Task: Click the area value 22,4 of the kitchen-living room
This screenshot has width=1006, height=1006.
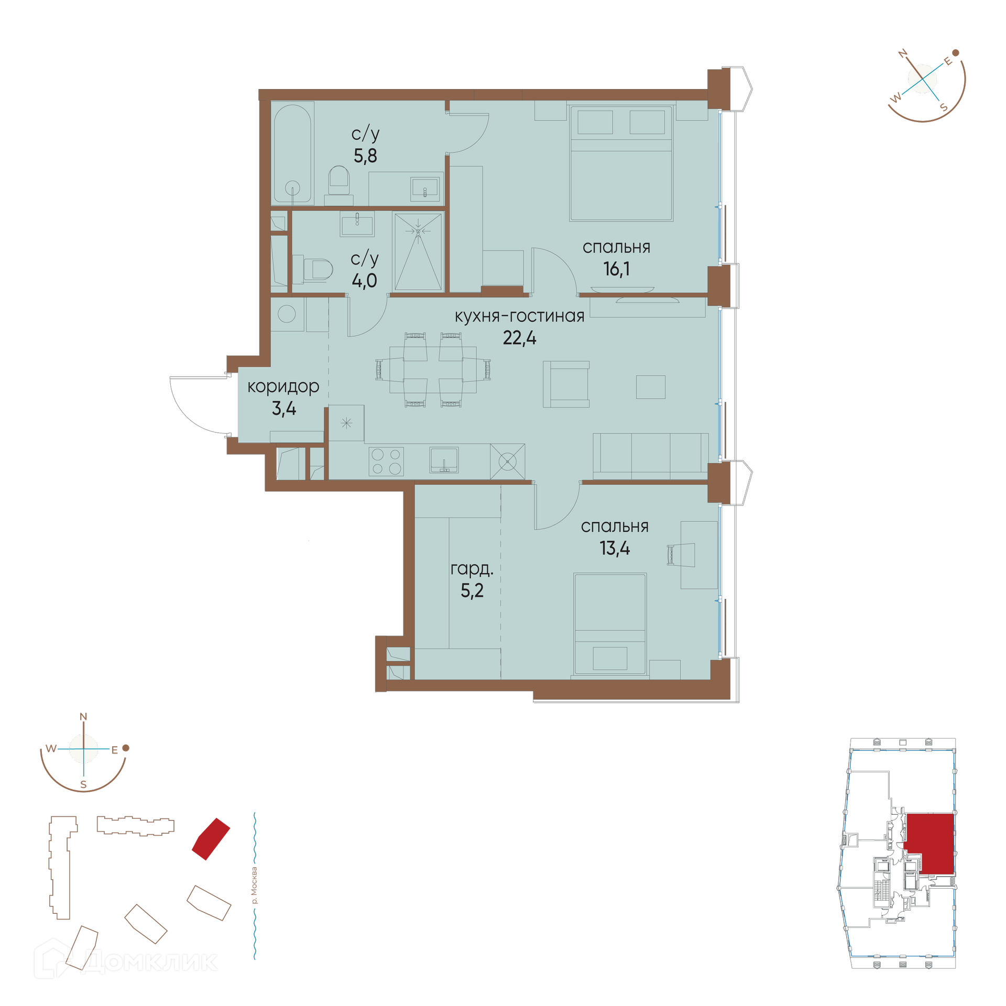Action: tap(519, 338)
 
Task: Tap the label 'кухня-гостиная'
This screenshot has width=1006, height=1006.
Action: tap(519, 316)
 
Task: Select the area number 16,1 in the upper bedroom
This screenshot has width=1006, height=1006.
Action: tap(616, 269)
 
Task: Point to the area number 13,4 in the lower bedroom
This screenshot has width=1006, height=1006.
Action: tap(615, 549)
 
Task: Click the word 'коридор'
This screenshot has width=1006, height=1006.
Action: tap(283, 387)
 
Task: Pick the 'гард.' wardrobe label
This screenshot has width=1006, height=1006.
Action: tap(472, 568)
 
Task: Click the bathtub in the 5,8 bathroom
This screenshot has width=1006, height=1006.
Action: tap(292, 154)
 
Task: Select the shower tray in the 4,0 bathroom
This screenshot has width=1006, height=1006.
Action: tap(418, 251)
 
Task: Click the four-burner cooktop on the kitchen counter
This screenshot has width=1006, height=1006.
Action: tap(386, 462)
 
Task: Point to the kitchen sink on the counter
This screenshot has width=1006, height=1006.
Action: tap(444, 460)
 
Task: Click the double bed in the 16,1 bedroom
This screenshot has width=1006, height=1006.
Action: tap(621, 163)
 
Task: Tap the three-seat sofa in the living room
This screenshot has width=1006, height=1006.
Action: tap(651, 456)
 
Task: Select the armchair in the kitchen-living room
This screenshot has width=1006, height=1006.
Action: tap(566, 384)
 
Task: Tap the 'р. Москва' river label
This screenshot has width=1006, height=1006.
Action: tap(255, 885)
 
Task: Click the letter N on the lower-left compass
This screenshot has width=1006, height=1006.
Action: tap(83, 717)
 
